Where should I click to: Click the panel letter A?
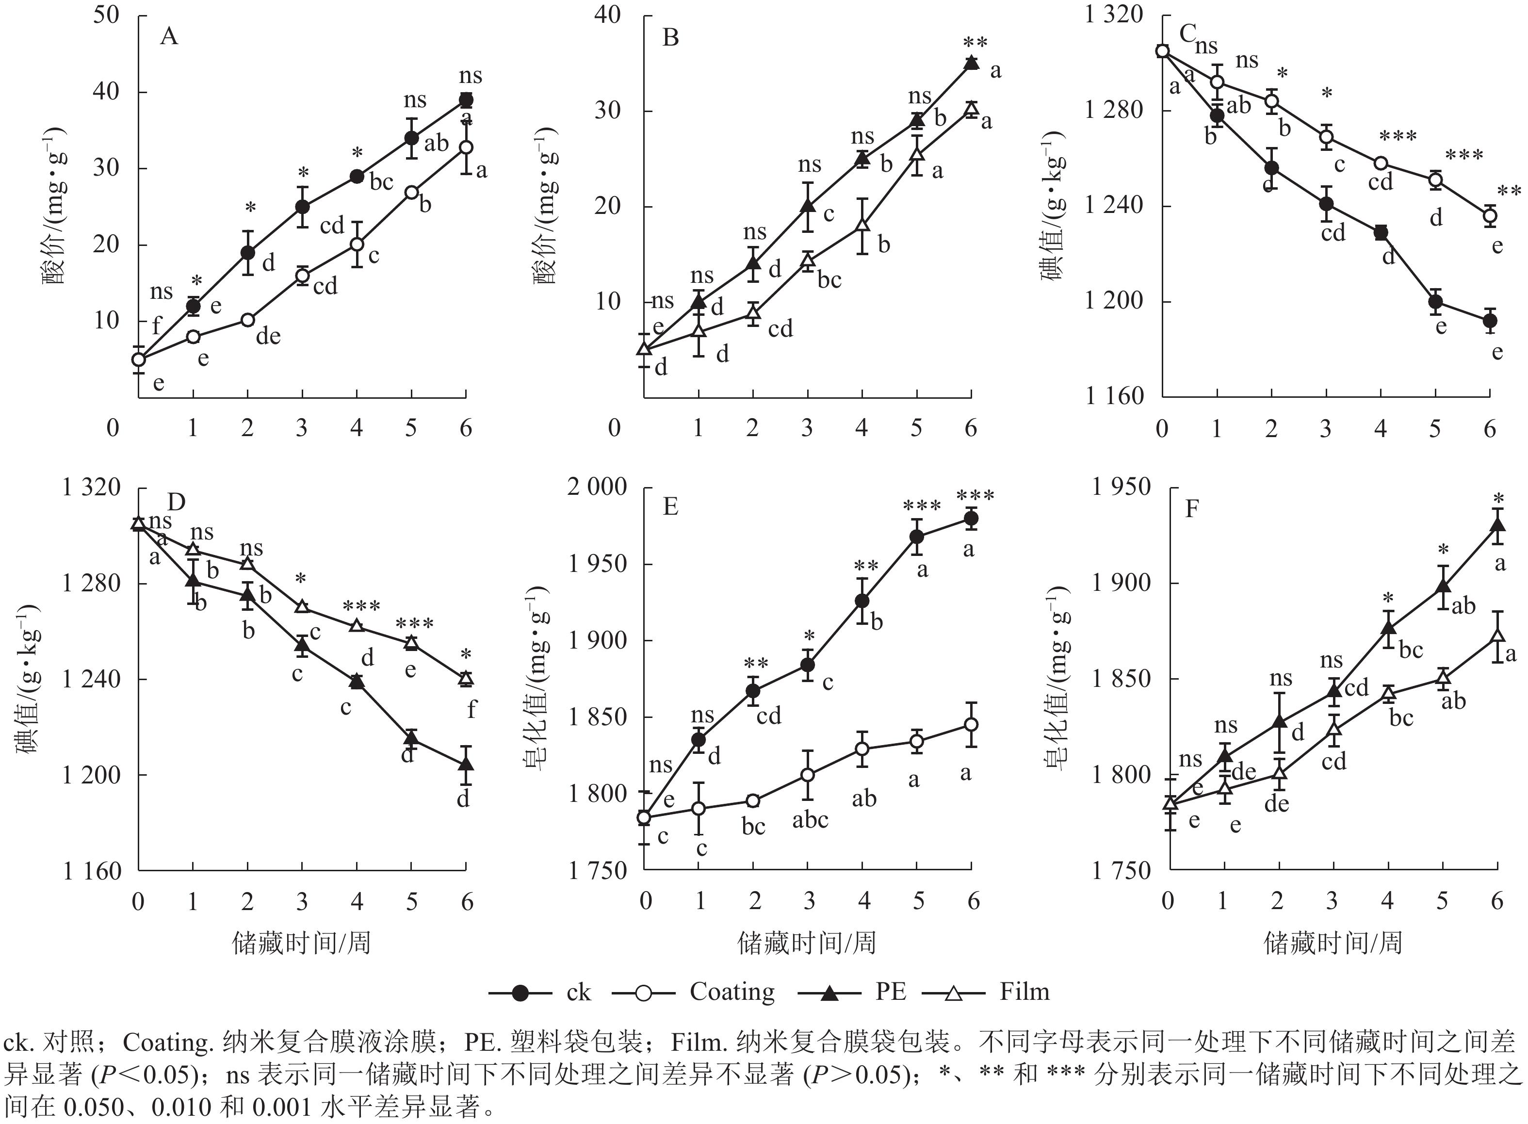tap(169, 36)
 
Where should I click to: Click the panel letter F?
tap(1191, 509)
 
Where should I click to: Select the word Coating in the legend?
tap(731, 992)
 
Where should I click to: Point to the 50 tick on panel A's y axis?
tap(107, 15)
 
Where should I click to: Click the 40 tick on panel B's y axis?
tap(607, 15)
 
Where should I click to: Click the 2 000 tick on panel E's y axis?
tap(597, 487)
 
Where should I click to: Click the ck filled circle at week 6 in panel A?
tap(466, 100)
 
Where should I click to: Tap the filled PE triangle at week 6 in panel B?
tap(972, 63)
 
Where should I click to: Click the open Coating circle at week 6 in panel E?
tap(972, 725)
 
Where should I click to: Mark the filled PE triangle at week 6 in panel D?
tap(466, 764)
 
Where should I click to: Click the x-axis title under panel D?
tap(301, 943)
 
